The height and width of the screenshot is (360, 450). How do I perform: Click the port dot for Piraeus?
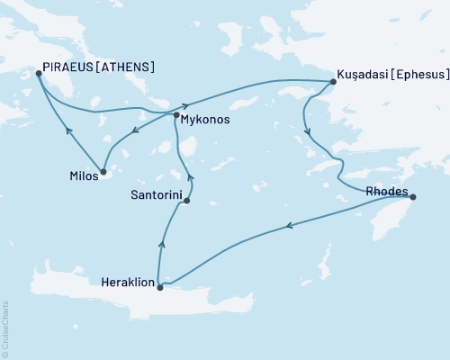(x=38, y=74)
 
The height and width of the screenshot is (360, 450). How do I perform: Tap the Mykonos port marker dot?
(x=176, y=115)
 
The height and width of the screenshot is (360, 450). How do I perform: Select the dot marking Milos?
(x=104, y=172)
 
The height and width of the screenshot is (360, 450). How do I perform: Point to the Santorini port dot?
(x=186, y=202)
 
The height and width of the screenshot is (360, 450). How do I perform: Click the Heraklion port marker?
(x=159, y=287)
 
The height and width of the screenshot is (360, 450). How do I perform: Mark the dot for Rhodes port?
(x=413, y=196)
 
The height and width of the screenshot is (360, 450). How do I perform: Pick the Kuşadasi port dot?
(x=333, y=82)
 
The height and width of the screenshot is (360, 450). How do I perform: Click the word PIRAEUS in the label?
(x=69, y=67)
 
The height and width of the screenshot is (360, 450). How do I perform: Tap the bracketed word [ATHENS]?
(x=125, y=67)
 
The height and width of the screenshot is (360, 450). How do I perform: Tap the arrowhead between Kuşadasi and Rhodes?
(x=310, y=133)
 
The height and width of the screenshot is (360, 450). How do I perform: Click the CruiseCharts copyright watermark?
(x=5, y=329)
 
